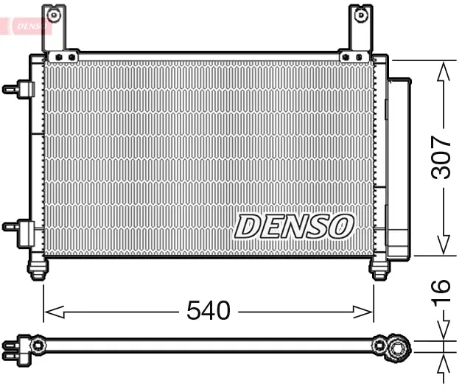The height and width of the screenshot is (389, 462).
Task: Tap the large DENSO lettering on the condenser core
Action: tap(294, 226)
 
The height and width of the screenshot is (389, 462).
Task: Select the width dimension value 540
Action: tap(208, 312)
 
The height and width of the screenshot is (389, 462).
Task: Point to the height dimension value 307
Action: tap(441, 157)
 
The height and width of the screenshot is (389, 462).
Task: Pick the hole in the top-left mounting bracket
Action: tap(52, 14)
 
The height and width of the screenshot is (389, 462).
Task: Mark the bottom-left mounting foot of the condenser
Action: tap(37, 269)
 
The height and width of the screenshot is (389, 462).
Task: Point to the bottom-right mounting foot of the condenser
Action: tap(379, 269)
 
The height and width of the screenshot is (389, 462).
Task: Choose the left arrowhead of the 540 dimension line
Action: tap(50, 312)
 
